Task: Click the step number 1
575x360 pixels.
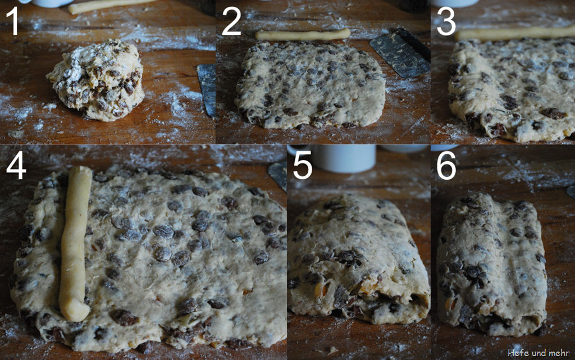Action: (x=13, y=21)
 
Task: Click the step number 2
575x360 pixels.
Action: (x=231, y=22)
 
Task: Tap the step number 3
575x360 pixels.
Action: (x=446, y=22)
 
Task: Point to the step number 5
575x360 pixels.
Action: (x=303, y=166)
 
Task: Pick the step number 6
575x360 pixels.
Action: (x=446, y=166)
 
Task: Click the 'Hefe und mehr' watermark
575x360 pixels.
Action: (x=539, y=353)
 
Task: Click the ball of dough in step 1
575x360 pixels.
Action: (x=96, y=80)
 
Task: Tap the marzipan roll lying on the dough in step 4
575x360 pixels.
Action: (x=75, y=243)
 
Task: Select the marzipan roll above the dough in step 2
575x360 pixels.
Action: (x=303, y=34)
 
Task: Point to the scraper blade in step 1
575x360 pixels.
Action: (x=207, y=89)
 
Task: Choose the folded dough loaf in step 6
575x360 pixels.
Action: (x=491, y=264)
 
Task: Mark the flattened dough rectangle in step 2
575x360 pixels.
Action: (x=310, y=85)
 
